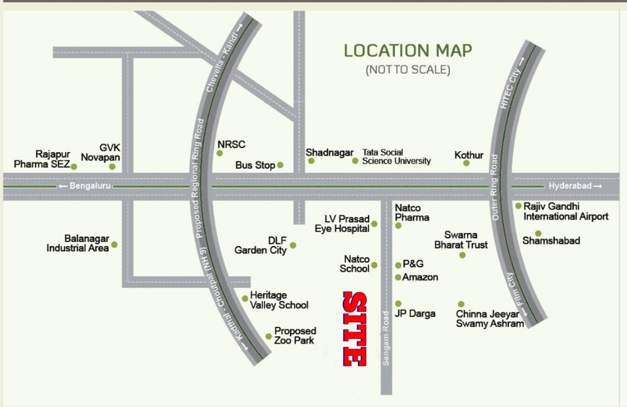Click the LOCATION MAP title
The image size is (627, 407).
coord(408,51)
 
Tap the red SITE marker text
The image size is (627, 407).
coord(354,329)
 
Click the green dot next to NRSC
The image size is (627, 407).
coord(219,153)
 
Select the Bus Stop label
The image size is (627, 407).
coord(255,165)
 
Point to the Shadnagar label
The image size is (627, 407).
coord(329,153)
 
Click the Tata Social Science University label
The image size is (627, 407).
coord(396,156)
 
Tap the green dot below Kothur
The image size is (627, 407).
coord(466,163)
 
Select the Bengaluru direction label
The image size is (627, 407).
coord(84,186)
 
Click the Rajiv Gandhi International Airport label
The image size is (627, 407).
coord(566,211)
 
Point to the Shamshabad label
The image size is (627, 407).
coord(551,241)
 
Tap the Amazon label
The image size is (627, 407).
coord(420,277)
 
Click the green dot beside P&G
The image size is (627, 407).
coord(399,265)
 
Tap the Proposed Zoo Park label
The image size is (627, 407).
coord(295,335)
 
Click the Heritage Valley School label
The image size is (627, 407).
coord(279,300)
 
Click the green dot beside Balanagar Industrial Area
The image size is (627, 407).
coord(114,245)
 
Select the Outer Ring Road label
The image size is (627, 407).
coord(496,187)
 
